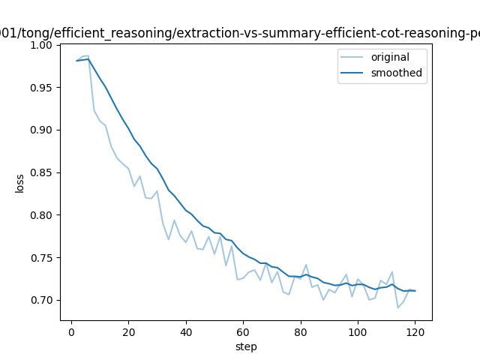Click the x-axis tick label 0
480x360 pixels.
pyautogui.click(x=71, y=331)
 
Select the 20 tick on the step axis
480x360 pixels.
pyautogui.click(x=128, y=331)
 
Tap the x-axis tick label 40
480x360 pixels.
pyautogui.click(x=186, y=331)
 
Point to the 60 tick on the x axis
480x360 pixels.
pyautogui.click(x=243, y=331)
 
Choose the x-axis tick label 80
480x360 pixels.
pyautogui.click(x=301, y=331)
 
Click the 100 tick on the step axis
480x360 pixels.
pyautogui.click(x=358, y=331)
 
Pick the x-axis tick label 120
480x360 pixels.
pyautogui.click(x=415, y=331)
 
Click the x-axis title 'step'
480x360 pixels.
pyautogui.click(x=246, y=346)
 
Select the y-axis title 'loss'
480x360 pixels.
pyautogui.click(x=20, y=183)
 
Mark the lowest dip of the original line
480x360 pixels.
pyautogui.click(x=398, y=307)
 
